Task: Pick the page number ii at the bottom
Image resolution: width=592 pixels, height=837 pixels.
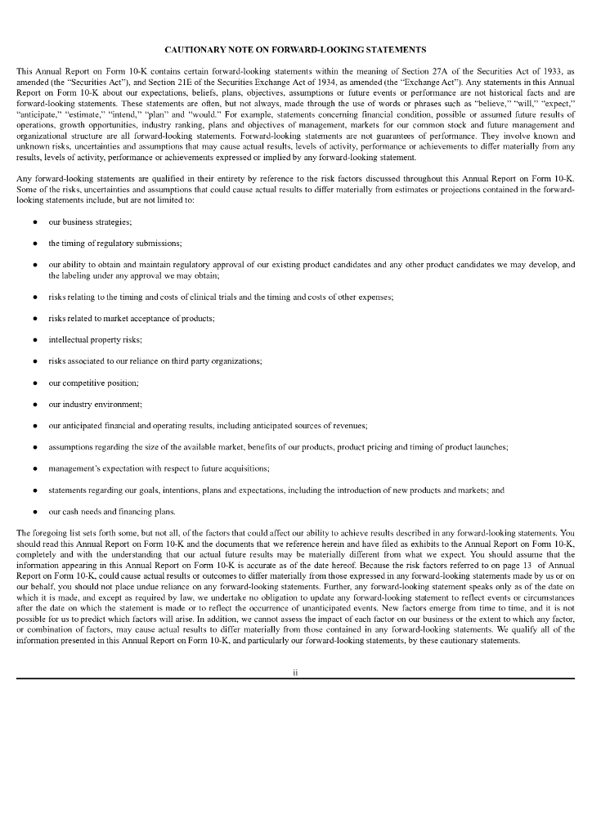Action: coord(295,673)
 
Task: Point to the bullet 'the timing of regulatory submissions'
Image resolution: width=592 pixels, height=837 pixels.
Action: coord(114,244)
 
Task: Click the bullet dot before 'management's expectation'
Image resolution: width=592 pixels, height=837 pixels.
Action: coord(35,469)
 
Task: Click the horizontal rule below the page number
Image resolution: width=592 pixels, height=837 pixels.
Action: coord(295,678)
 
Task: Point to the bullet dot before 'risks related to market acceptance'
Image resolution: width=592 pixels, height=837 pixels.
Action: coord(35,318)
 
